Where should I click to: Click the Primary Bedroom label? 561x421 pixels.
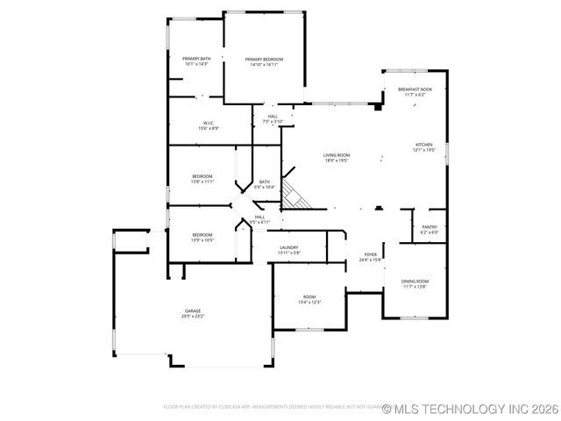point(264,60)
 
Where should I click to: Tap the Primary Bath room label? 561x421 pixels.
point(196,59)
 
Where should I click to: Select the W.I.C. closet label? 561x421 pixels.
point(209,123)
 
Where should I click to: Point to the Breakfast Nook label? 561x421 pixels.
point(415,89)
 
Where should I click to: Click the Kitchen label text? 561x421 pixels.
point(424,145)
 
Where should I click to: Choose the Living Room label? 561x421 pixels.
point(337,154)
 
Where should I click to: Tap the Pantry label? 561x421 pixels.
point(429,226)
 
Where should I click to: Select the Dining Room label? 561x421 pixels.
point(415,282)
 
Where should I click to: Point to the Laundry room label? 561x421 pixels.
point(289,247)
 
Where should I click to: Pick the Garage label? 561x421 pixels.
point(193,310)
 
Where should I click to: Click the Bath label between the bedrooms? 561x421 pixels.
point(264,182)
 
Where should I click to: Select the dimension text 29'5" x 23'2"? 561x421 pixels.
point(193,316)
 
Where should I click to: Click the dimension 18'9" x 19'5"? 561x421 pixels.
point(337,161)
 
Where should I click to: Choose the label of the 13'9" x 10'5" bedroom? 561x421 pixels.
point(202,234)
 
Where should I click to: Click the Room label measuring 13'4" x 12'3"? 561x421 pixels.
point(309,296)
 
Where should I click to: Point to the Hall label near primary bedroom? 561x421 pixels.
point(273,116)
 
